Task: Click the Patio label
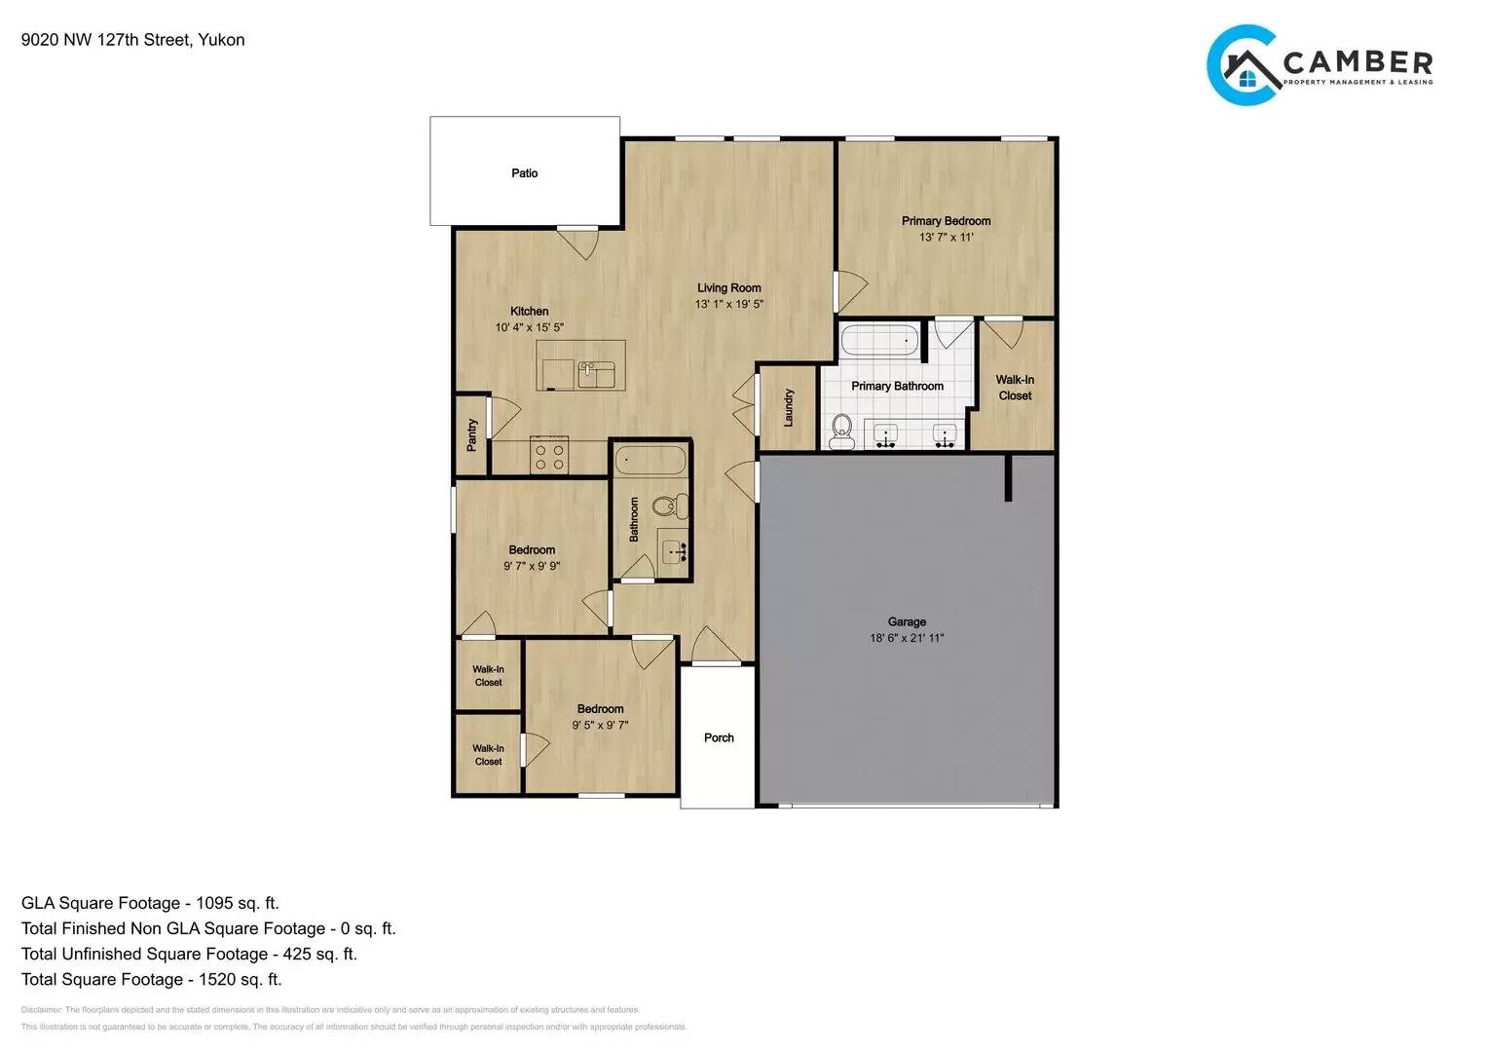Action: [x=524, y=173]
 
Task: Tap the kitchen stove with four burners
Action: [x=549, y=457]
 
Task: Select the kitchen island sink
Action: [x=596, y=373]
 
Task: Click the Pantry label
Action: [x=472, y=434]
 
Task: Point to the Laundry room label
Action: [x=789, y=407]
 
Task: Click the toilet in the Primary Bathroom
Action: [x=841, y=431]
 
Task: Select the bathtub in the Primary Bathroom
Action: [x=879, y=341]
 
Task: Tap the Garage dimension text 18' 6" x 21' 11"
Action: [x=907, y=638]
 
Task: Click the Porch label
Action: [x=719, y=737]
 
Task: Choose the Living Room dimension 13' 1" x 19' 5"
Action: [x=728, y=304]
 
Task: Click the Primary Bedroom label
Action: [x=946, y=221]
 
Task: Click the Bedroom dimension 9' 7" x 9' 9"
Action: [x=532, y=566]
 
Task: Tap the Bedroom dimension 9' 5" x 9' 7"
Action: [x=600, y=725]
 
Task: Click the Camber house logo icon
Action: [x=1244, y=65]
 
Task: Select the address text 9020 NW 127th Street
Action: [x=107, y=40]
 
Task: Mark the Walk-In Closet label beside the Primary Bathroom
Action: [x=1015, y=388]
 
